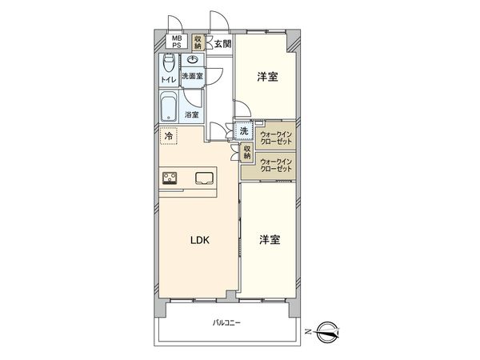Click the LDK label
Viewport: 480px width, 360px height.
(x=199, y=239)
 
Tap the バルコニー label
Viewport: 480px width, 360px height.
(x=227, y=323)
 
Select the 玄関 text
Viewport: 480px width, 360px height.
(x=222, y=43)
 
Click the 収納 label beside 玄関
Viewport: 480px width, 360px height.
(x=197, y=42)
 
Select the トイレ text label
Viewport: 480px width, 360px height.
(x=169, y=81)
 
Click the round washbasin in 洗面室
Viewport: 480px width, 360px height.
(x=192, y=61)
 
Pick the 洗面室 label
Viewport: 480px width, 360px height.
(x=192, y=77)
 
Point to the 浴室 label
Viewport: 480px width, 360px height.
(x=192, y=115)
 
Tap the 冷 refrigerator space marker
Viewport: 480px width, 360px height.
(x=169, y=137)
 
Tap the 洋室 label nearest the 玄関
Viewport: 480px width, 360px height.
(x=267, y=78)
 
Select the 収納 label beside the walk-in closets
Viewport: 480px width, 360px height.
(x=248, y=152)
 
